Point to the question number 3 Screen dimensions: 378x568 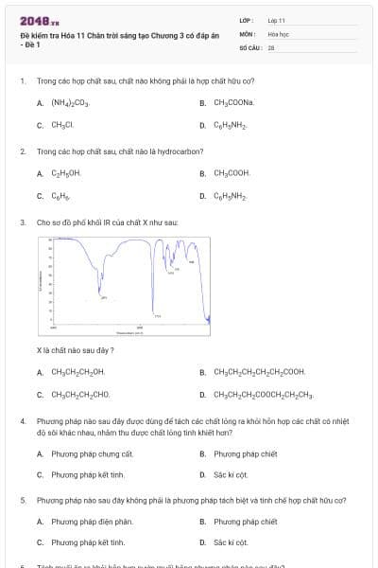tap(23, 222)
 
